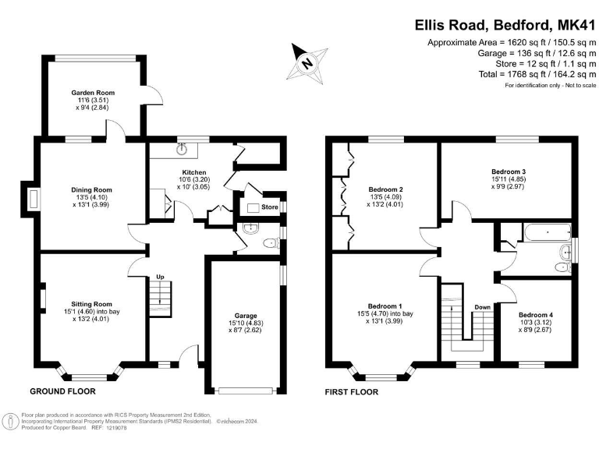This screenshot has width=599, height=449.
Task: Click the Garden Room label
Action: click(x=87, y=92)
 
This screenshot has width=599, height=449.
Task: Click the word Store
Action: click(x=269, y=207)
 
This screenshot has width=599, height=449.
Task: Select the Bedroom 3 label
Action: click(x=508, y=171)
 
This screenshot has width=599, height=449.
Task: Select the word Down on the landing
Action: click(x=482, y=306)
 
